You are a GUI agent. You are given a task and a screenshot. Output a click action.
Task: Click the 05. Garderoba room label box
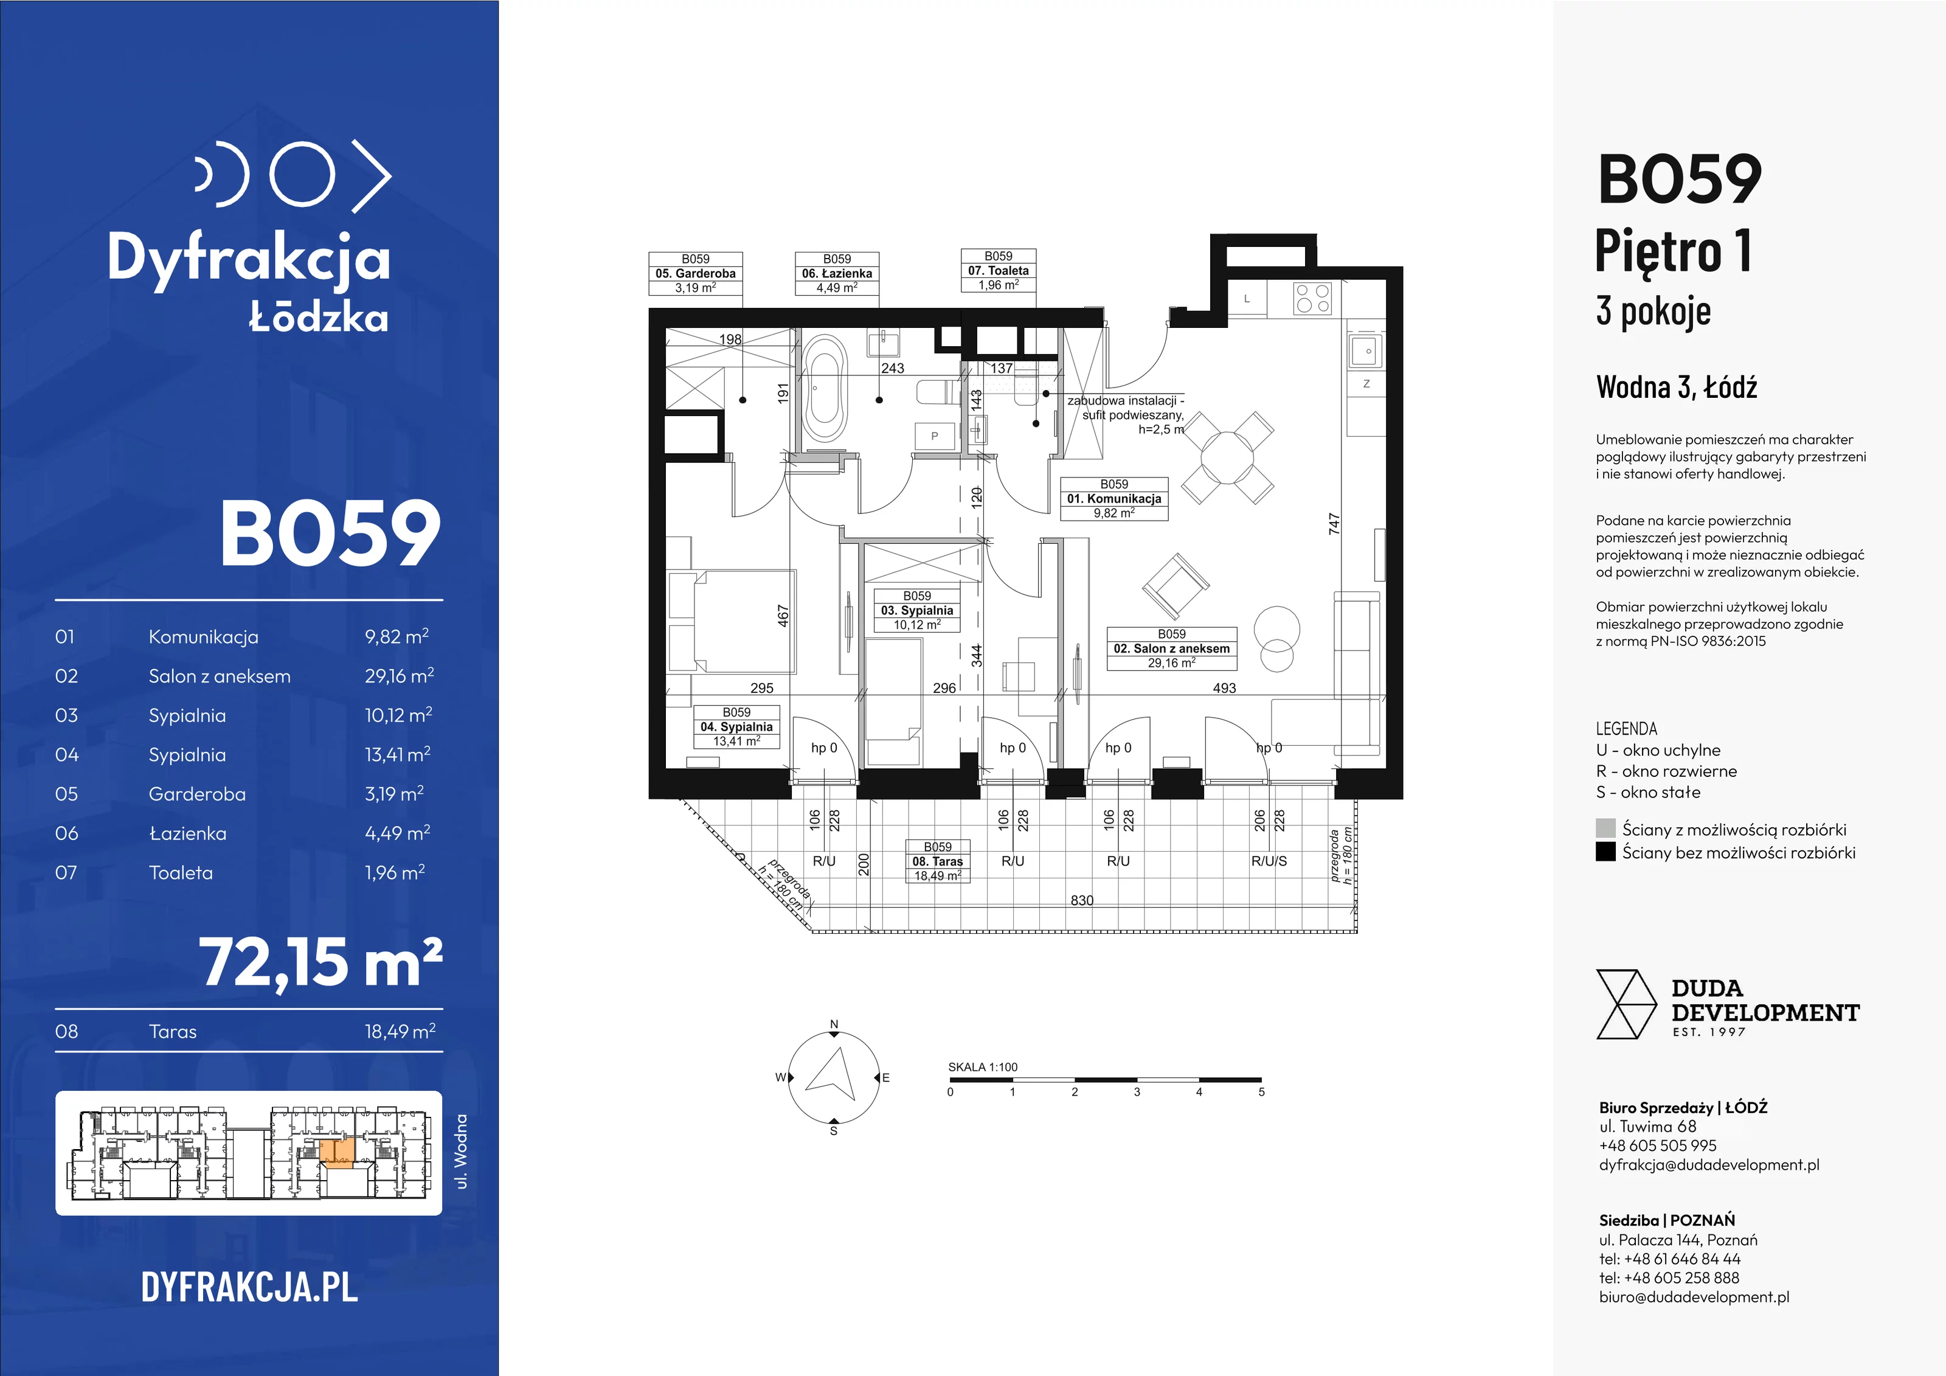(x=696, y=273)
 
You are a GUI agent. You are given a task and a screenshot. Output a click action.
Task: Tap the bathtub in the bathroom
(x=825, y=389)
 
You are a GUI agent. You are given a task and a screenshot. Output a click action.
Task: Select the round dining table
(x=1227, y=458)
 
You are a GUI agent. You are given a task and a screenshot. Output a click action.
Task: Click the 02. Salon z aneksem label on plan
(x=1171, y=648)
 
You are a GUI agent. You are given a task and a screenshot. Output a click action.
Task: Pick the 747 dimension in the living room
(x=1334, y=523)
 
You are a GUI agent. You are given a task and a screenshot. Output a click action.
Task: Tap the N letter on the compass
(x=834, y=1024)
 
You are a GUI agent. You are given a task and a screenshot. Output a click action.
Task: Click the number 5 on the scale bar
(x=1261, y=1092)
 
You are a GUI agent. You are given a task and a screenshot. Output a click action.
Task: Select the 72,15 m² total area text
(x=321, y=963)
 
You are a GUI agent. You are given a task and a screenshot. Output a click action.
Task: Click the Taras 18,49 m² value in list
(x=400, y=1031)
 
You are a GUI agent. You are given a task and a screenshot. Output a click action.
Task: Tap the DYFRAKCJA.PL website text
(x=249, y=1287)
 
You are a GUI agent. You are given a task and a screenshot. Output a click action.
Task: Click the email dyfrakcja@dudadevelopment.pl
(x=1709, y=1165)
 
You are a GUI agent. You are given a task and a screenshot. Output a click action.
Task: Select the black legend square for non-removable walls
(x=1605, y=852)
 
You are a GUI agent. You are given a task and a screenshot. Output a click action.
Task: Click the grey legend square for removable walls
(x=1605, y=829)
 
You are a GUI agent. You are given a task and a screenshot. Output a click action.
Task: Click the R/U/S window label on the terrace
(x=1269, y=861)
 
